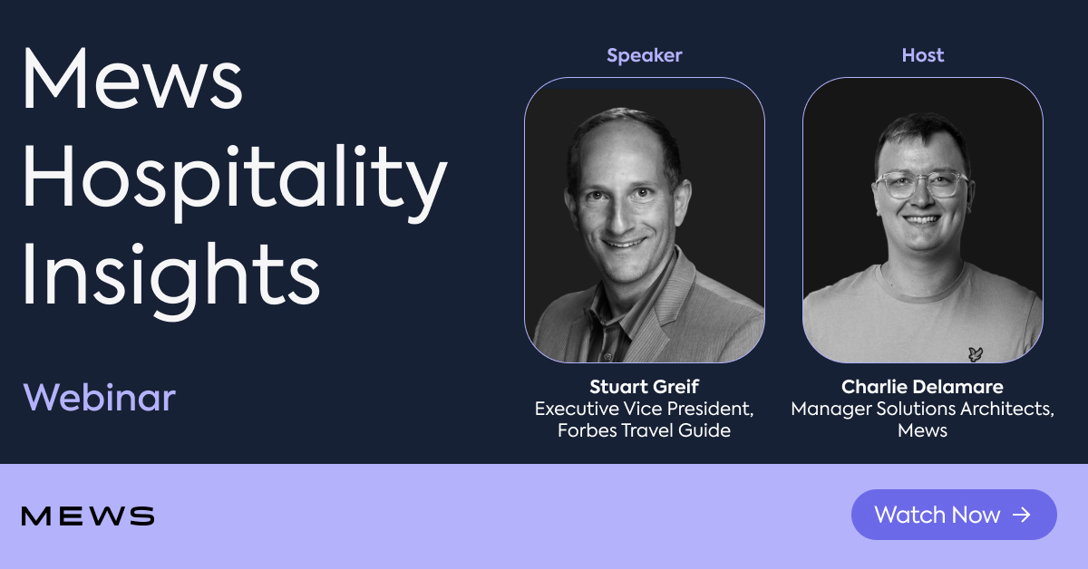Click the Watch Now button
[x=954, y=515]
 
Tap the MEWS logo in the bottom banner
[x=88, y=516]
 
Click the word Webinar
[x=99, y=398]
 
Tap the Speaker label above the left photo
[x=644, y=55]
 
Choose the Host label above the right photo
[x=922, y=55]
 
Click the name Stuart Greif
[x=644, y=388]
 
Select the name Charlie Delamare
[x=922, y=388]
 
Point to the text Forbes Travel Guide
[x=644, y=430]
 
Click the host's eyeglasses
[x=918, y=184]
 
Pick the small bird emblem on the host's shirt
[x=975, y=353]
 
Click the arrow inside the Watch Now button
[x=1022, y=515]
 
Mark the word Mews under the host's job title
[x=922, y=430]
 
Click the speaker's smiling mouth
[x=627, y=242]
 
